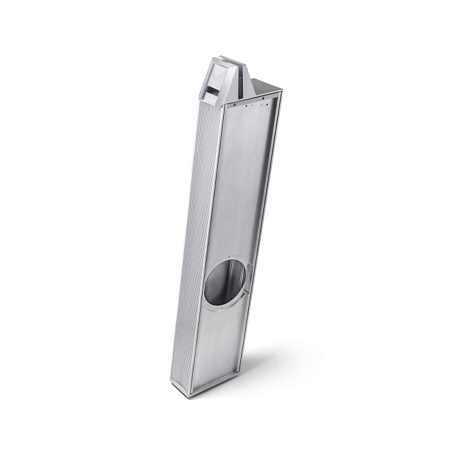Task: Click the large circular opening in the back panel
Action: click(226, 282)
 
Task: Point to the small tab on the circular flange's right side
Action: click(249, 287)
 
